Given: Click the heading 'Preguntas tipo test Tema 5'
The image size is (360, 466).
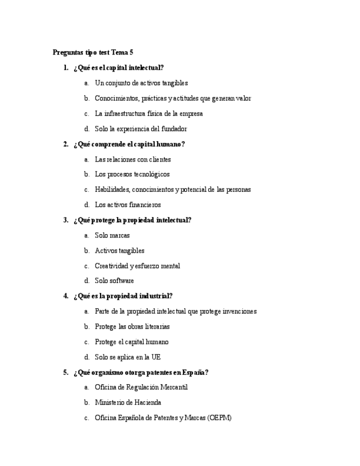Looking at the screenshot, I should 93,53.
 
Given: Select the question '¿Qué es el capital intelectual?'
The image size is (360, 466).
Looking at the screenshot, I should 118,68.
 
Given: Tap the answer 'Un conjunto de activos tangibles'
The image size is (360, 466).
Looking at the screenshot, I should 141,84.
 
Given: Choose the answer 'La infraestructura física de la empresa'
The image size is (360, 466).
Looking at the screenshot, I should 148,114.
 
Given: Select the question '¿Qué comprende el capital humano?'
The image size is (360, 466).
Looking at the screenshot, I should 129,145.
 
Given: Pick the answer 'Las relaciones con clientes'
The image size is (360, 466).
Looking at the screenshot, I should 132,159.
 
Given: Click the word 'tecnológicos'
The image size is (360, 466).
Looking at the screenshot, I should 151,175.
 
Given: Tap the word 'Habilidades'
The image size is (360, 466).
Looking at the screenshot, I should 112,190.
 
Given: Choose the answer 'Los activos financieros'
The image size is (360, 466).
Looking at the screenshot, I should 128,205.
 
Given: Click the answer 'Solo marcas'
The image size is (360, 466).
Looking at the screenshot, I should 112,235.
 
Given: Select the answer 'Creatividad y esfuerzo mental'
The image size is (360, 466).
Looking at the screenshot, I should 137,266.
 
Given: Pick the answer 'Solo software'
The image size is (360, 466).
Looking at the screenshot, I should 114,281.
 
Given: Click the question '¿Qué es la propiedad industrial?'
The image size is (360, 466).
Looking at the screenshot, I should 123,296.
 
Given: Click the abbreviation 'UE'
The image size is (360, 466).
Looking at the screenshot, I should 156,357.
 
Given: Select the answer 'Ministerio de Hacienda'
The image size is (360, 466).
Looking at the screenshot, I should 128,402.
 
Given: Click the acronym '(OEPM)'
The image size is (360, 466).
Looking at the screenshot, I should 219,418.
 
